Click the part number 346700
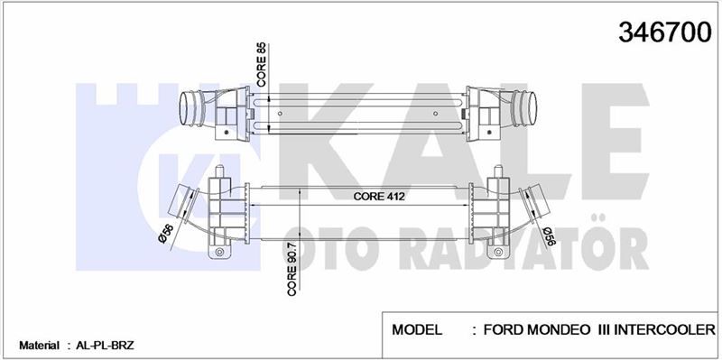click(665, 32)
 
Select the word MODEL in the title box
click(417, 329)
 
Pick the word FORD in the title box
click(504, 329)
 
